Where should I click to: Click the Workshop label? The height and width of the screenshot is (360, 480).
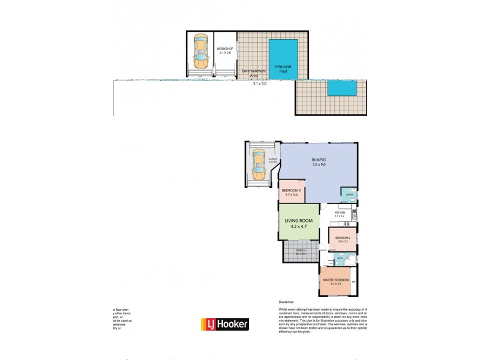click(226, 48)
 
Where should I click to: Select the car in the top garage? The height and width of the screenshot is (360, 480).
click(199, 53)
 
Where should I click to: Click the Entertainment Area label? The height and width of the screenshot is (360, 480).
click(254, 73)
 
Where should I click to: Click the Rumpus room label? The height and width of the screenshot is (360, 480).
click(318, 159)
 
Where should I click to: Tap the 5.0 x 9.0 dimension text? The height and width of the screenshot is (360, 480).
click(318, 165)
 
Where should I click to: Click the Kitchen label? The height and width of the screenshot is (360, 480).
click(340, 212)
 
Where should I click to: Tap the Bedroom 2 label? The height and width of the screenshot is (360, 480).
click(343, 238)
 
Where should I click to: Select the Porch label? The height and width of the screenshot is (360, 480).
click(300, 250)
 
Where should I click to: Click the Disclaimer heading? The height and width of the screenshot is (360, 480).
click(287, 302)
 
